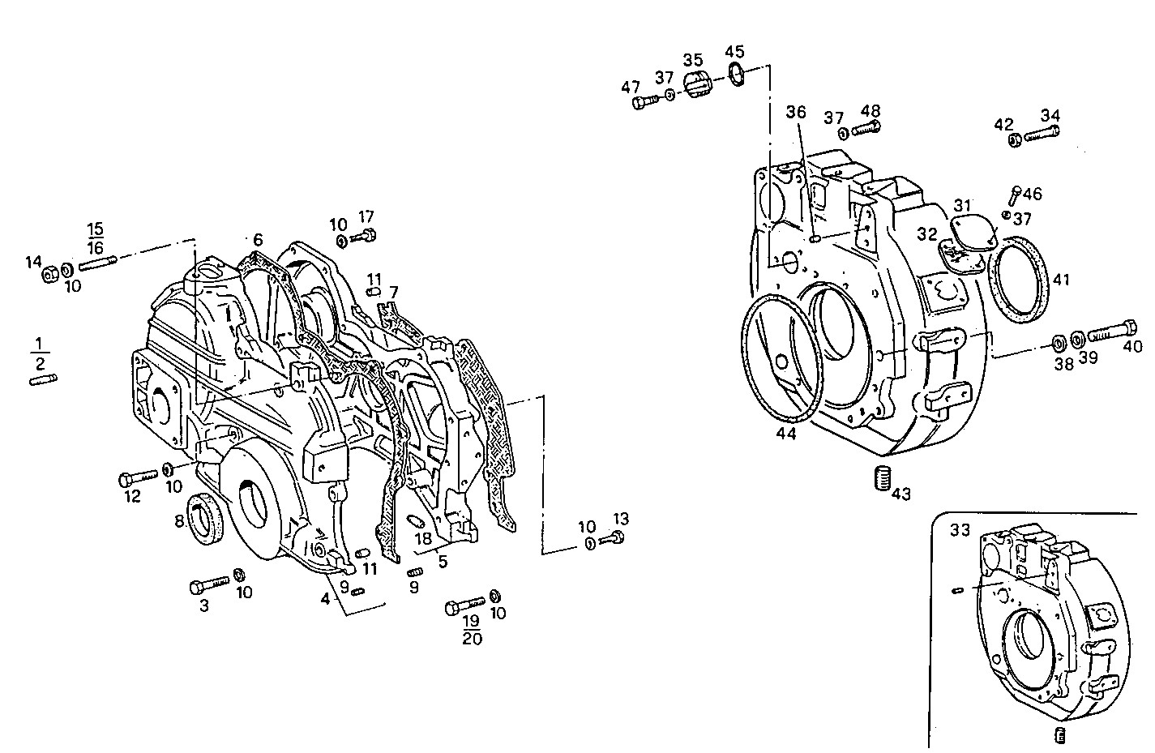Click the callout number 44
pos(785,434)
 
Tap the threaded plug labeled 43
pos(881,479)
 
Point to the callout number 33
pos(960,531)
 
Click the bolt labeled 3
pos(210,585)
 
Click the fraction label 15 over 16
pos(96,237)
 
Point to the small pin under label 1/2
pos(43,380)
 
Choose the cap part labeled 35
pos(695,83)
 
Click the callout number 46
pos(1032,194)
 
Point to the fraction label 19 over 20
pos(472,629)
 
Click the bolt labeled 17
pos(366,236)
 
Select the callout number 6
pos(257,239)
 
